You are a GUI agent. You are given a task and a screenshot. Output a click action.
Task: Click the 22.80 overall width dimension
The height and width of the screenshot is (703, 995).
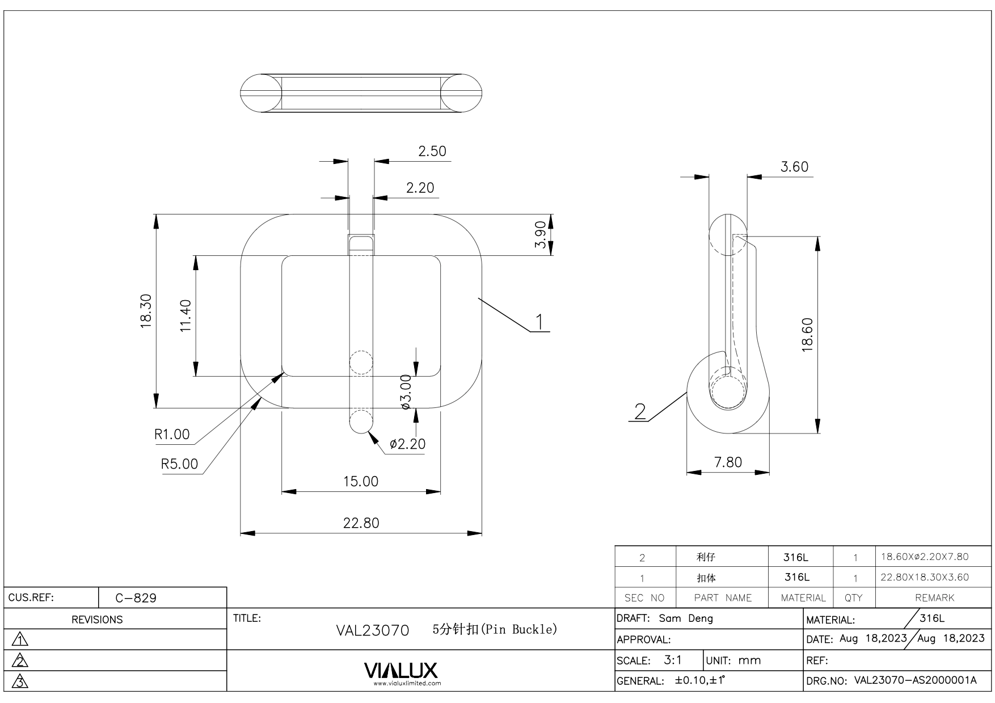(361, 523)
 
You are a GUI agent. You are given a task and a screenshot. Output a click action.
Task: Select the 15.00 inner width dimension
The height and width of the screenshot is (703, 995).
(361, 481)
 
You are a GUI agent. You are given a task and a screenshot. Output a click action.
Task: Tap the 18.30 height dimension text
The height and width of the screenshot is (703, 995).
(146, 311)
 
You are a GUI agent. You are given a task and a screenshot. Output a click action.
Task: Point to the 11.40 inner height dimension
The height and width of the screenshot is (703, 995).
(186, 316)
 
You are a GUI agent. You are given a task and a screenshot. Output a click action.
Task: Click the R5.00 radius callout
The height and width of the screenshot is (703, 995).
(179, 464)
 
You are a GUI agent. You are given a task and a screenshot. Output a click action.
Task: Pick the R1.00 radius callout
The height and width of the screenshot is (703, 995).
(172, 435)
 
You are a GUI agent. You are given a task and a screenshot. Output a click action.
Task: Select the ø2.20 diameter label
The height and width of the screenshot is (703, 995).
(407, 444)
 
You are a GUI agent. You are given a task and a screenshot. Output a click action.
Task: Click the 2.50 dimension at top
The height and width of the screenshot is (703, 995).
(432, 151)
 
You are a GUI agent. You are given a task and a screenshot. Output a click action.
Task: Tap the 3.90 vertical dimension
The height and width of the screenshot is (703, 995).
(541, 234)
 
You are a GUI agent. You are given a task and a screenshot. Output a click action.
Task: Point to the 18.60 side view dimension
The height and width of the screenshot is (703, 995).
(808, 335)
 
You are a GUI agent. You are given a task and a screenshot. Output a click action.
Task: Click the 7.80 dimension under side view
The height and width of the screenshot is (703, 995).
(728, 462)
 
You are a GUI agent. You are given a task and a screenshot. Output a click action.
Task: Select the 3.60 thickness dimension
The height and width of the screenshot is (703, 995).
(794, 167)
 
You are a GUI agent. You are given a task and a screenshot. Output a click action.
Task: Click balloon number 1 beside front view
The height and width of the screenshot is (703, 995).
(540, 322)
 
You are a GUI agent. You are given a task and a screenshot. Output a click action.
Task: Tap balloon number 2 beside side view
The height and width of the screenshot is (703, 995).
(640, 411)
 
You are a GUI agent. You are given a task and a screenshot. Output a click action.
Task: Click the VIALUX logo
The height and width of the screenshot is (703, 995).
(400, 671)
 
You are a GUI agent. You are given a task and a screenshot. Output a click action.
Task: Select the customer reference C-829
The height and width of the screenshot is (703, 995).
(136, 598)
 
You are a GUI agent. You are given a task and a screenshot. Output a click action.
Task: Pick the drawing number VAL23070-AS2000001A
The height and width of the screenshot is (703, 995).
(915, 680)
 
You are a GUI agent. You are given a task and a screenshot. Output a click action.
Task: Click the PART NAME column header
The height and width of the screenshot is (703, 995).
(723, 597)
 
